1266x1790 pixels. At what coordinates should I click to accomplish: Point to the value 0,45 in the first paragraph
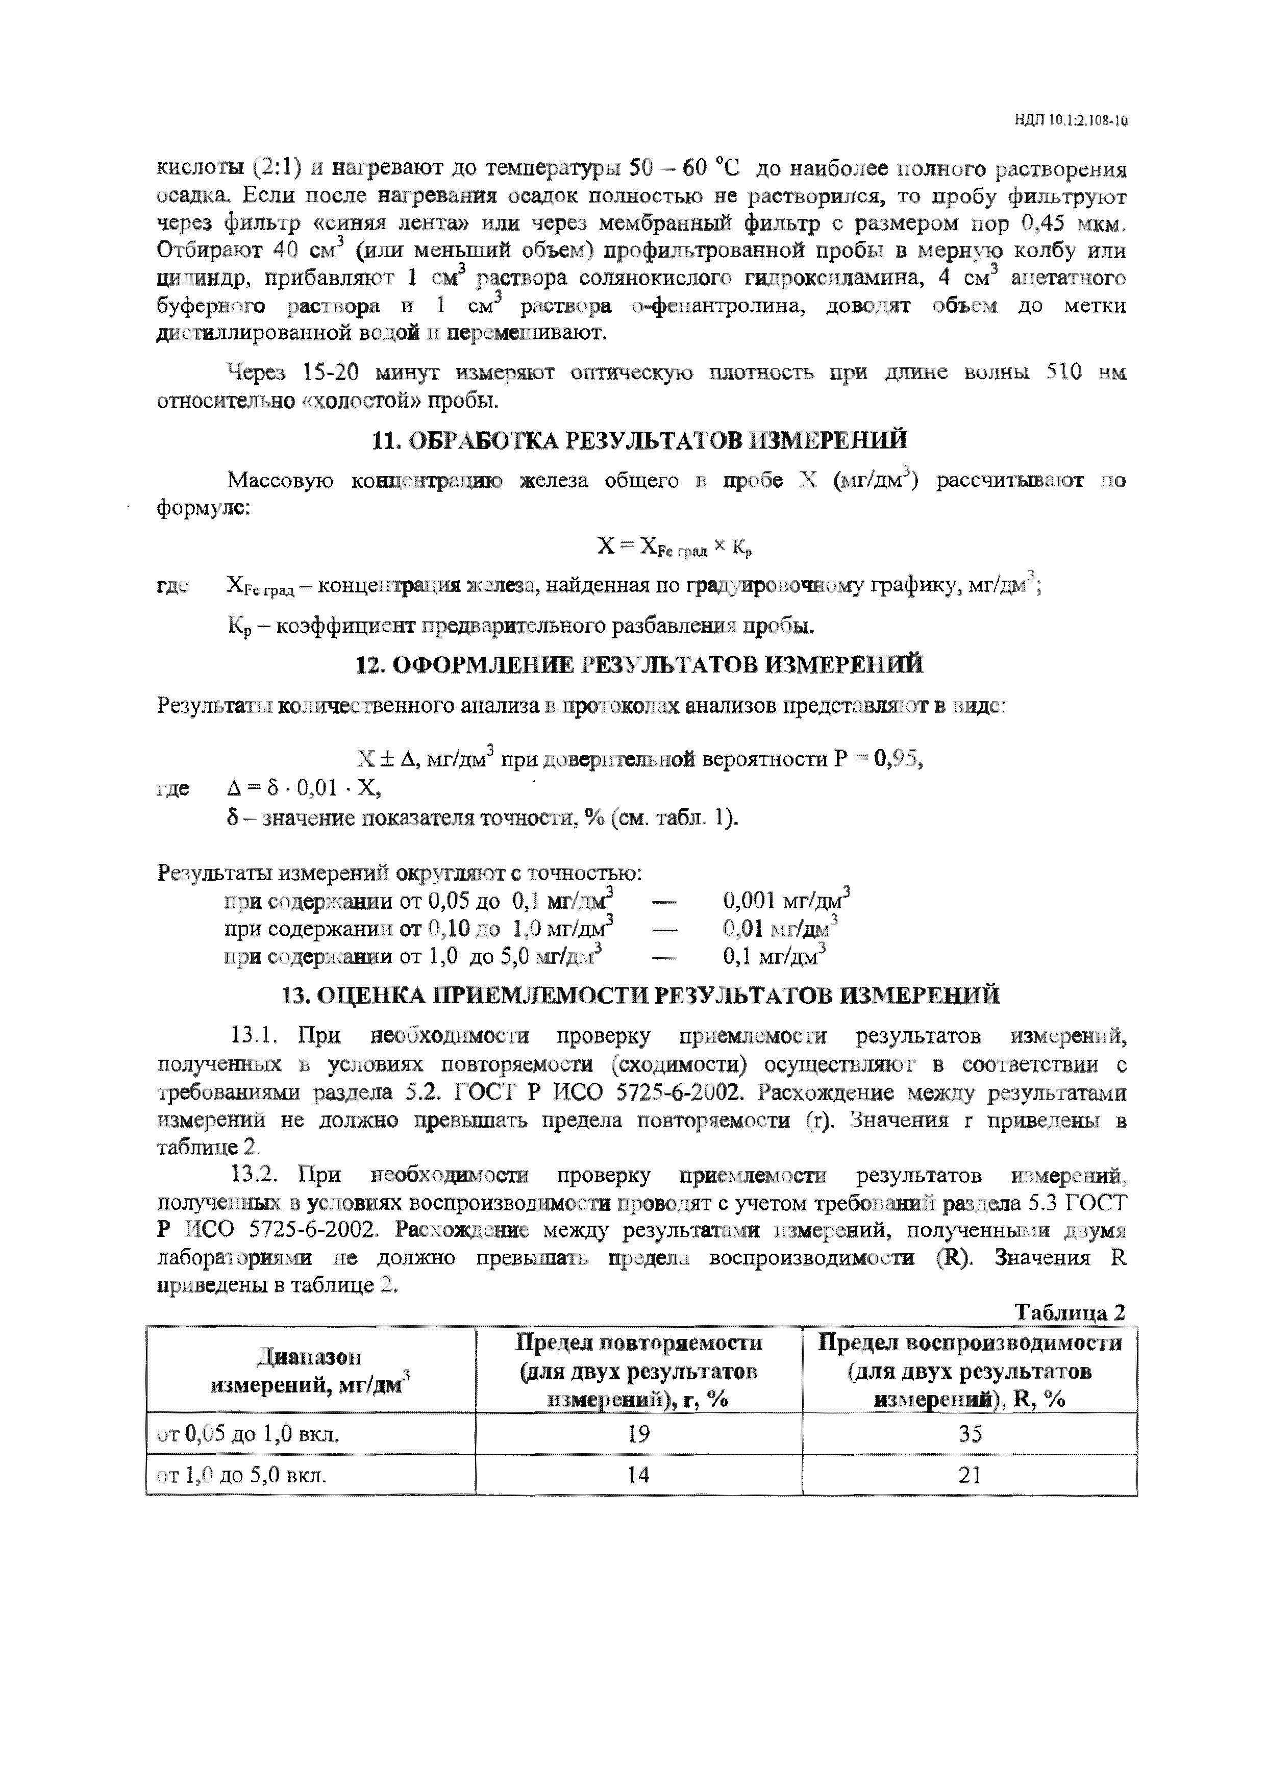click(x=1045, y=225)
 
